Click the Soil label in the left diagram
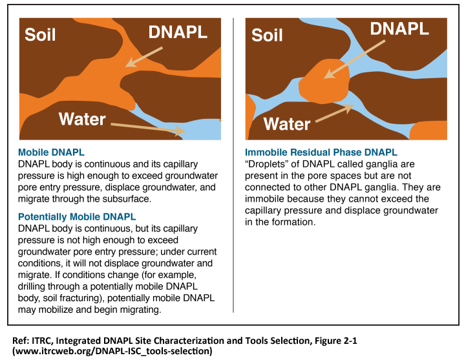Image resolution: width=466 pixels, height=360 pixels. point(40,35)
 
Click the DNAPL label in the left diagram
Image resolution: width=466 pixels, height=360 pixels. point(178,33)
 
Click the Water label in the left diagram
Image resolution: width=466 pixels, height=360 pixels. point(82,119)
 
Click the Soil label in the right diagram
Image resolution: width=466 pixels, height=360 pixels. point(267,35)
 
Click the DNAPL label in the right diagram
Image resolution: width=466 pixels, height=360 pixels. point(399,29)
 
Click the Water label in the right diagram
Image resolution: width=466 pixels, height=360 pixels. point(287,123)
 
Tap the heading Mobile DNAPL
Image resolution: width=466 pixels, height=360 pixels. point(51,153)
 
